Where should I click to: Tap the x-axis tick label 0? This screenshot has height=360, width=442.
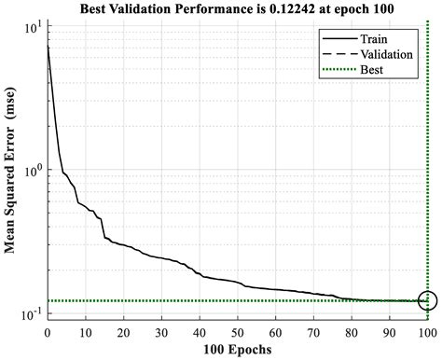[48, 331]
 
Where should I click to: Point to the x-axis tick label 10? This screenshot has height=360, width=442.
[86, 331]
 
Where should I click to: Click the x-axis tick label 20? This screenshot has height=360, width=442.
[124, 331]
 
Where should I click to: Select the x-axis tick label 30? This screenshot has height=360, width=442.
[162, 331]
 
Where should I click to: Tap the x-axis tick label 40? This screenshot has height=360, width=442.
[200, 331]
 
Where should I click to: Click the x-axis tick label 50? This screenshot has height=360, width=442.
[238, 331]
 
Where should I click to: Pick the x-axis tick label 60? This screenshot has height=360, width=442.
[276, 331]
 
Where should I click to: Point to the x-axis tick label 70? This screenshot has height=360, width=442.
[314, 331]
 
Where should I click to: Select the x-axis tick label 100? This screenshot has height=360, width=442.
[427, 331]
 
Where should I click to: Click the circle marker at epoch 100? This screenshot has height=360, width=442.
[427, 300]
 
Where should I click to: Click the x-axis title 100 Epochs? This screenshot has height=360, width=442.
[237, 350]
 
